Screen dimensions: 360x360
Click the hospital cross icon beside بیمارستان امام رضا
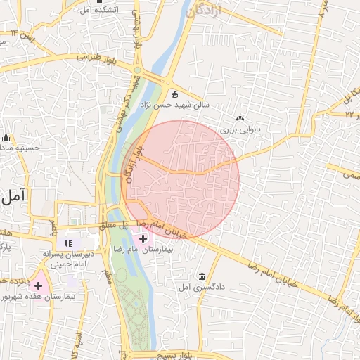point(143,239)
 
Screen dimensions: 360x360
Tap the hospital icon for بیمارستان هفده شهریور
point(38,285)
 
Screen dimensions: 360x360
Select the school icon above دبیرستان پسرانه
point(68,243)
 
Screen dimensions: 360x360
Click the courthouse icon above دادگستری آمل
point(202,276)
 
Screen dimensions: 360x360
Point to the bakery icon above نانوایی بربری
point(240,118)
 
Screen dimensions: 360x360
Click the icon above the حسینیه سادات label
point(6,137)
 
